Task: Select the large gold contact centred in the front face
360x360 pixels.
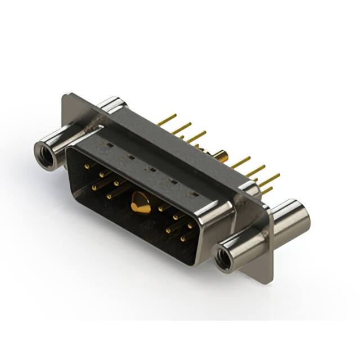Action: [141, 204]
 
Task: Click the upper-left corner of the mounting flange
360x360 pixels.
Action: [66, 97]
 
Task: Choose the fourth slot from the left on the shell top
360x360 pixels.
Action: [173, 181]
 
